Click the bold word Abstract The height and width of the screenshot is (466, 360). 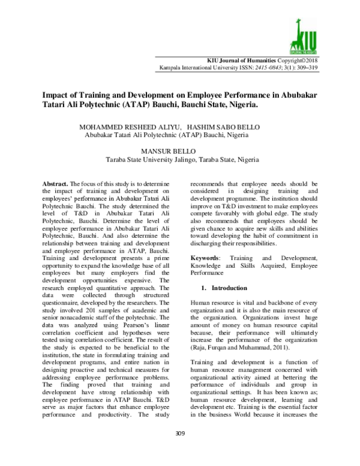[x=56, y=181]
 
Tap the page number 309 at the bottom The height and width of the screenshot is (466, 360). [x=179, y=450]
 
